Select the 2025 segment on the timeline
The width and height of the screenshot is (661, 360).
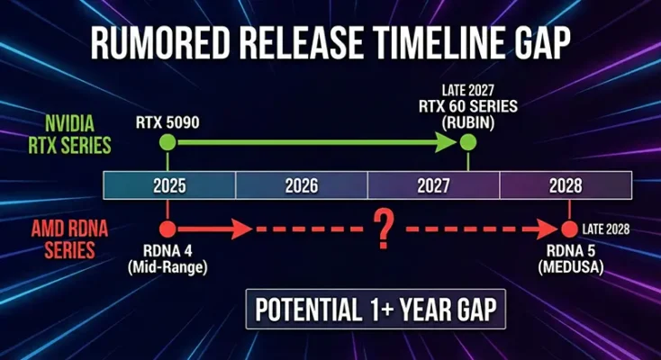coord(169,185)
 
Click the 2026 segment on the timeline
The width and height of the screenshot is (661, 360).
coord(302,185)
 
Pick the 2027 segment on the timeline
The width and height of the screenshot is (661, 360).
coord(433,185)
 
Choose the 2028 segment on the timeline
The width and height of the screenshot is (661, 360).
coord(566,185)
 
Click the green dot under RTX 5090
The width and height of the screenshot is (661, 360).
coord(167,142)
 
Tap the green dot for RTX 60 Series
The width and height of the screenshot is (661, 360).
coord(467,142)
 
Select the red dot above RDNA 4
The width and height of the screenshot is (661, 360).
coord(167,229)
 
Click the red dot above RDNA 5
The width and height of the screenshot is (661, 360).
coord(569,229)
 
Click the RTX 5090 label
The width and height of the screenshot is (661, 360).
coord(167,120)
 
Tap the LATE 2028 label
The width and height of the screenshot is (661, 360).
coord(606,229)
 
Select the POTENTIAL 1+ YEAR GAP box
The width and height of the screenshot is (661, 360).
coord(375,310)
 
